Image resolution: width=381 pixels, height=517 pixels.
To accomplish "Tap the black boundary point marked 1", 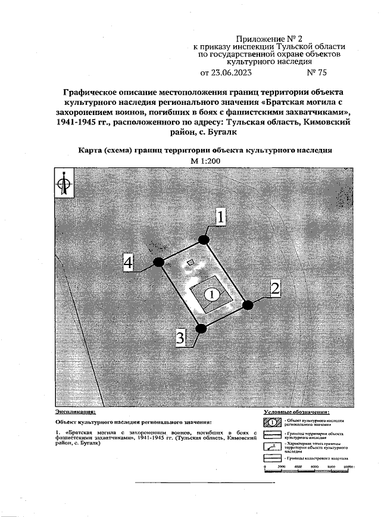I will tap(204, 239).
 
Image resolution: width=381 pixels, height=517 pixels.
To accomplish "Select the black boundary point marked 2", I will tap(248, 304).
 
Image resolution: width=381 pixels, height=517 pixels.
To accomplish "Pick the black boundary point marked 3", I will tap(202, 328).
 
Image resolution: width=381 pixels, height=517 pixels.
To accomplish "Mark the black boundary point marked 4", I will tap(158, 262).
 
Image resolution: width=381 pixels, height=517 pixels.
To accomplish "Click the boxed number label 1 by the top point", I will tap(220, 218).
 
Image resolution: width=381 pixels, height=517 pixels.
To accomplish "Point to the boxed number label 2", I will tap(275, 289).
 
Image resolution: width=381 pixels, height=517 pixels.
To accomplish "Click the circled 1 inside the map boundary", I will tap(211, 294).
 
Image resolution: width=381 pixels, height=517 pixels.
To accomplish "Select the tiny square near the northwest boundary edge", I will tap(190, 262).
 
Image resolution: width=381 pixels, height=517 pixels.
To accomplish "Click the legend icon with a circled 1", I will tap(271, 423).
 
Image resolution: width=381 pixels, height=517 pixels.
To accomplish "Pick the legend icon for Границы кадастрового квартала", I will tap(271, 457).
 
